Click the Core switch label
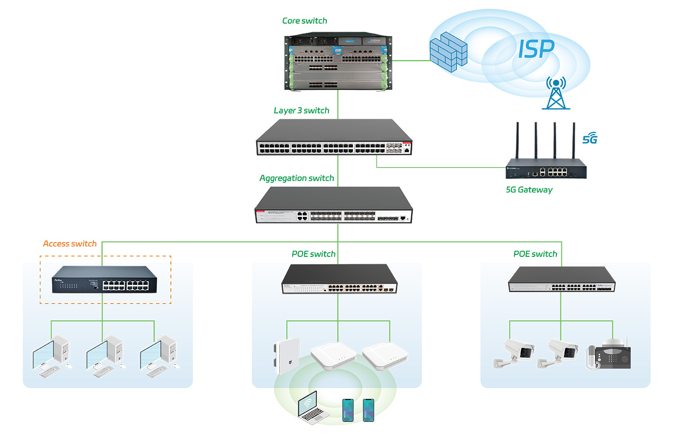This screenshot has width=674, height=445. pos(304,21)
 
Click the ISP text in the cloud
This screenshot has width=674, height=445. pos(536,49)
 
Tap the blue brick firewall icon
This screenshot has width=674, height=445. pos(448,52)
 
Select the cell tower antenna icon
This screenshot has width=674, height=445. pos(556,93)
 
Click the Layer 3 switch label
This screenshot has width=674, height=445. pos(301,111)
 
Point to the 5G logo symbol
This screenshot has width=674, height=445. pos(590,139)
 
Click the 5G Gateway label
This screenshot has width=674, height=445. pos(529,190)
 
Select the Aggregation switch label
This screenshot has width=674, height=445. pos(297,178)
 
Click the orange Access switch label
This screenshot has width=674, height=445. pos(70,243)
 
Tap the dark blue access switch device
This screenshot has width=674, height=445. pos(104,280)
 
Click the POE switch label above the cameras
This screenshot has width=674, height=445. pos(535,254)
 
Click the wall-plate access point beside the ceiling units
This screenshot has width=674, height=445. pos(287,356)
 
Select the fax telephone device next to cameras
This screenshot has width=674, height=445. pos(609,355)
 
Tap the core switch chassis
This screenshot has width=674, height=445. pos(338,62)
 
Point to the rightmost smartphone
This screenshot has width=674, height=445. pos(368,410)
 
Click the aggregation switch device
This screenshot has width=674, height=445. pos(334,206)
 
